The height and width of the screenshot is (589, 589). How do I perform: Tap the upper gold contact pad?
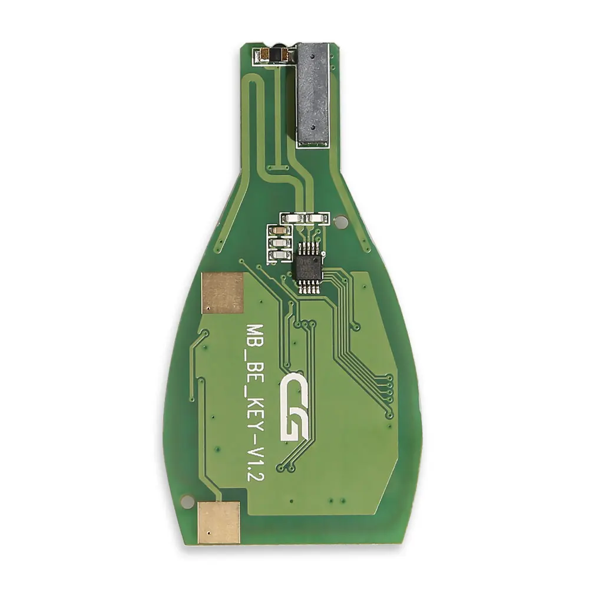coord(223,293)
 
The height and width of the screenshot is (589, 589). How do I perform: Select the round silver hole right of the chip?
coord(340,223)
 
